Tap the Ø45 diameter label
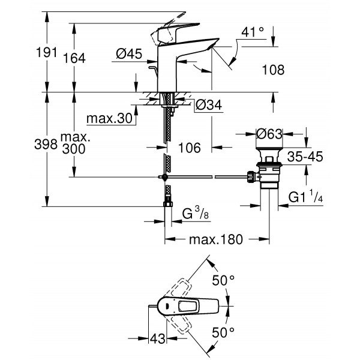pos(127,54)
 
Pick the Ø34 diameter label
pos(208,106)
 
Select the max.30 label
pos(109,119)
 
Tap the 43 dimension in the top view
pos(157,339)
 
